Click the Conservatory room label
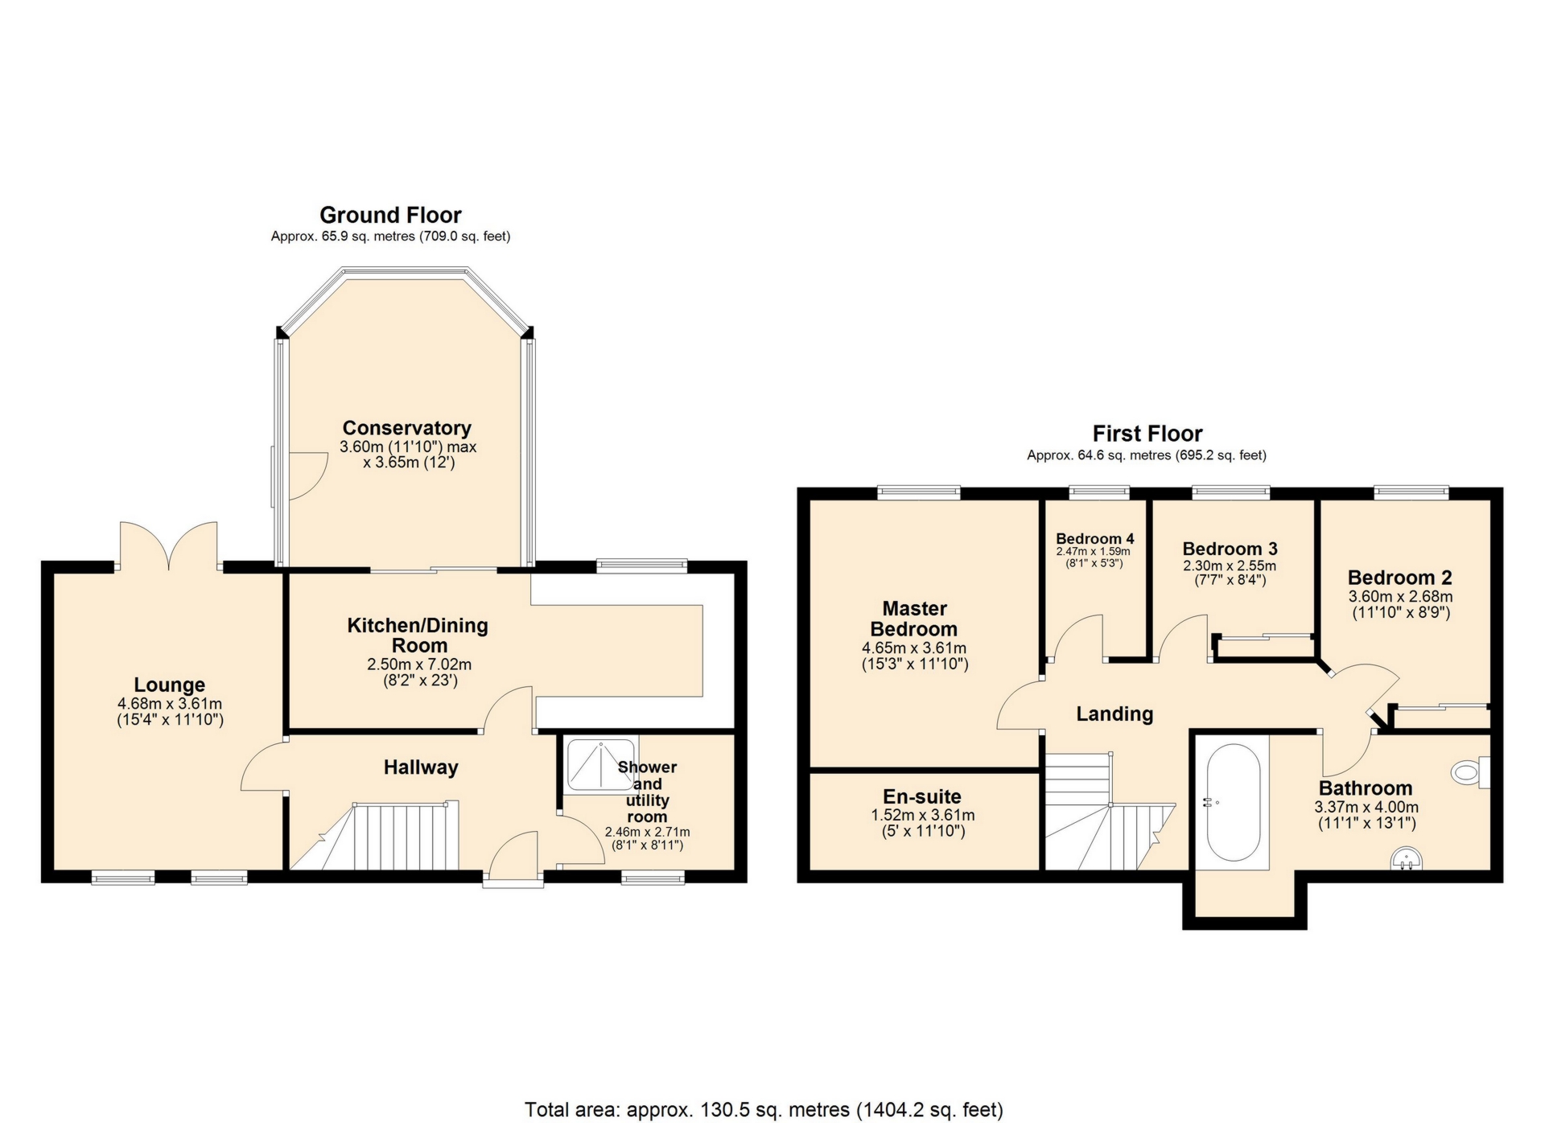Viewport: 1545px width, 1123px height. (x=406, y=428)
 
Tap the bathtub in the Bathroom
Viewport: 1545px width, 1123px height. (x=1233, y=802)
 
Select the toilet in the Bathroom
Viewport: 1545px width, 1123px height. (x=1469, y=772)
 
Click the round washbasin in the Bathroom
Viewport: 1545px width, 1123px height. (x=1407, y=859)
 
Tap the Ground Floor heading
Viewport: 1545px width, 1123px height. (x=390, y=215)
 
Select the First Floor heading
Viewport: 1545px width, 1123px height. (x=1147, y=434)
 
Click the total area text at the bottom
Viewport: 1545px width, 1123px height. (x=764, y=1110)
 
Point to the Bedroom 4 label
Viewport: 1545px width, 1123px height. (x=1094, y=538)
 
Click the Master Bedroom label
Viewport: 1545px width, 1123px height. (x=914, y=619)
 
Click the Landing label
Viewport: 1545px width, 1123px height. (x=1114, y=714)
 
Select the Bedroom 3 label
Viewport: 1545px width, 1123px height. (x=1230, y=549)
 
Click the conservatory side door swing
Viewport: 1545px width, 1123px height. (x=306, y=475)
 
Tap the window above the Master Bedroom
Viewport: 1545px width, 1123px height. (x=918, y=492)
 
